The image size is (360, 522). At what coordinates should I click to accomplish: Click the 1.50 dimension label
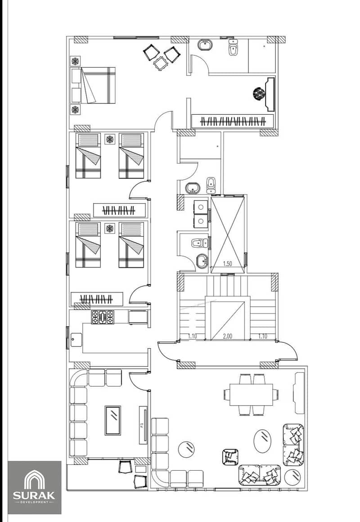click(x=227, y=264)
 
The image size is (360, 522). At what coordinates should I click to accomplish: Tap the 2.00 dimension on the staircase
click(x=227, y=336)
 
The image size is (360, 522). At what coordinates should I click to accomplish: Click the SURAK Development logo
click(x=35, y=487)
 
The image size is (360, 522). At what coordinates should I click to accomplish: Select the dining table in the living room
click(x=251, y=395)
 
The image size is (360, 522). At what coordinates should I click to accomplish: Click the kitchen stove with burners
click(x=103, y=317)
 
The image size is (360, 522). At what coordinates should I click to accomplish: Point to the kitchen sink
click(x=76, y=340)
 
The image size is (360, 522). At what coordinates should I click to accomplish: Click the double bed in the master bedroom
click(x=93, y=85)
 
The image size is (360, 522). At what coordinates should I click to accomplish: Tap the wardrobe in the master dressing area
click(x=233, y=121)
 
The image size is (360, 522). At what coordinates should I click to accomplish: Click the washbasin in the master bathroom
click(x=205, y=45)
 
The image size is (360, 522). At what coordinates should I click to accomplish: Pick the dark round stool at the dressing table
click(x=259, y=93)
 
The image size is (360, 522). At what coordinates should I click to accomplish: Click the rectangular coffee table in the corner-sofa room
click(x=113, y=420)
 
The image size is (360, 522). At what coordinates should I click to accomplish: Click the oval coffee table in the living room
click(x=262, y=441)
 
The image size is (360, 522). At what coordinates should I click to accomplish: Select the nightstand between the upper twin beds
click(x=109, y=139)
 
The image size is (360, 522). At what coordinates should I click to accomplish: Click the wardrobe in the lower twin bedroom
click(x=97, y=299)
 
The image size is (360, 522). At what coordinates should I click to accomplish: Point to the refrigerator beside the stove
click(x=138, y=317)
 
